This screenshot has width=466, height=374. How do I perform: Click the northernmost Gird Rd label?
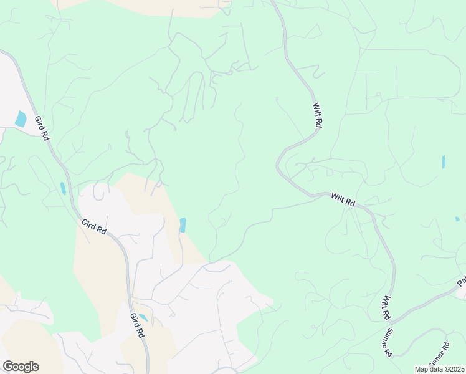(41, 128)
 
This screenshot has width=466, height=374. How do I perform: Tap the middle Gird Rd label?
(93, 226)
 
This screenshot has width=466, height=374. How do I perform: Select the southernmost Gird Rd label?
(138, 325)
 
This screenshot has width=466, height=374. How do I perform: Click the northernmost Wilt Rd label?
(318, 115)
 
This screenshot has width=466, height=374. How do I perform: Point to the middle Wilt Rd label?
(343, 200)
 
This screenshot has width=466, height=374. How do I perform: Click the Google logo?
(21, 367)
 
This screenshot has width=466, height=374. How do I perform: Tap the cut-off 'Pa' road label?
(461, 282)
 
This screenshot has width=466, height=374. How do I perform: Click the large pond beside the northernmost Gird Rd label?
(21, 118)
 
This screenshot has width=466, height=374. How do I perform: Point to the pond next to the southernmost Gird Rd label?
(143, 317)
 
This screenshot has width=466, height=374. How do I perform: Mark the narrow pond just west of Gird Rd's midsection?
(63, 188)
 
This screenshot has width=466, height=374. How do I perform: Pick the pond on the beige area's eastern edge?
(183, 225)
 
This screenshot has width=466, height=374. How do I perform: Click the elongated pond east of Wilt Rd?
(444, 162)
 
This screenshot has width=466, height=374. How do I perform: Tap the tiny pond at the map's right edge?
(457, 219)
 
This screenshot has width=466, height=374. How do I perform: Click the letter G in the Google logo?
(8, 367)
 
